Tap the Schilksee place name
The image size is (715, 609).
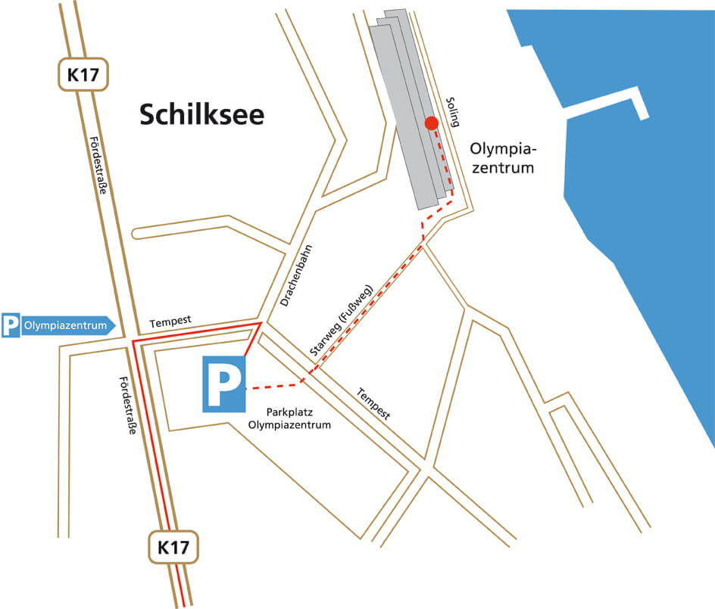pos(201,114)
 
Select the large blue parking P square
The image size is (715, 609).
pos(223,385)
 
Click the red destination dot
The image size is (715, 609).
pos(432,123)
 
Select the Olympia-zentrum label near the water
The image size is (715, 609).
pos(501,157)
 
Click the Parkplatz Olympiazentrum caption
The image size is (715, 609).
pos(290,419)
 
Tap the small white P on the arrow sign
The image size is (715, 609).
pos(10,326)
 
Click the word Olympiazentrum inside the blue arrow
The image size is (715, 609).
pos(62,326)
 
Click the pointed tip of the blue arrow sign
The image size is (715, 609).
pos(116,326)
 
